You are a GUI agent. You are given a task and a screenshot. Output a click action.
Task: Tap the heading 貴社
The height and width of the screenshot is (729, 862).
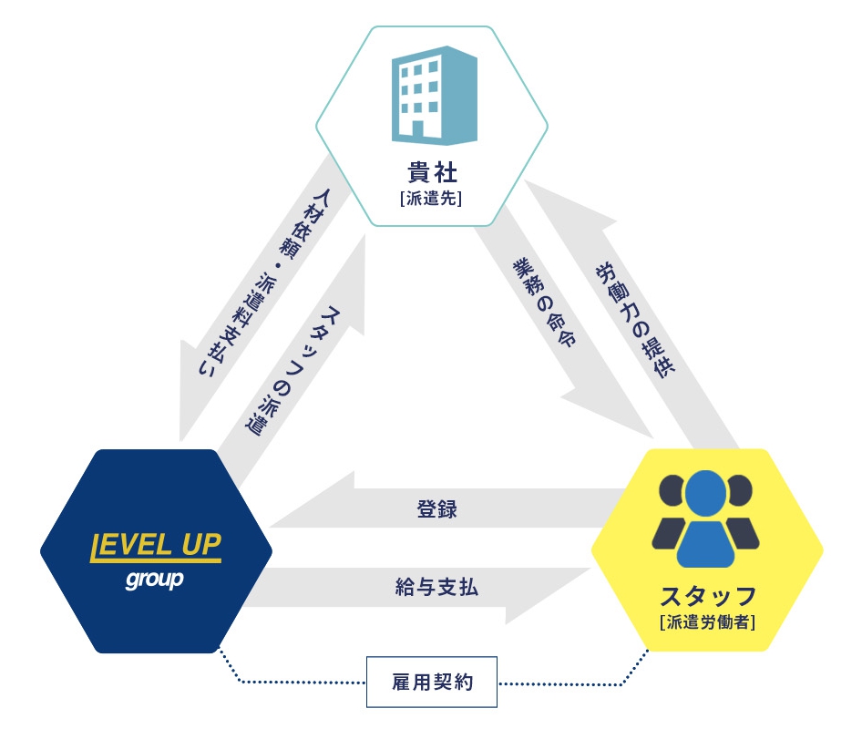click(x=432, y=172)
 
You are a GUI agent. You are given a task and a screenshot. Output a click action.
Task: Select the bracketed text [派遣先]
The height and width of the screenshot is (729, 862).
click(x=432, y=198)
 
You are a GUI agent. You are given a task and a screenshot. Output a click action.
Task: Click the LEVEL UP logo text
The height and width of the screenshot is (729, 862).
click(x=156, y=547)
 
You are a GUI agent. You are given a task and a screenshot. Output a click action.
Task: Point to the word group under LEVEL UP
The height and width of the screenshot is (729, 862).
click(x=155, y=580)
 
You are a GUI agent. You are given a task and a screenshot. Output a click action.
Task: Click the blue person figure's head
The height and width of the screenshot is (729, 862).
click(x=706, y=493)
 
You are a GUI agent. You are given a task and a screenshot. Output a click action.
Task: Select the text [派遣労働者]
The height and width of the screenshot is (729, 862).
click(x=707, y=621)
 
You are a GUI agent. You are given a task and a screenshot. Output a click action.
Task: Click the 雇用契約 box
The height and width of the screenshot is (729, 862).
click(x=432, y=682)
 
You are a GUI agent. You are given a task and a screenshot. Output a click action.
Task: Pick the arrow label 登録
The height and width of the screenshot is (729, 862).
click(x=437, y=508)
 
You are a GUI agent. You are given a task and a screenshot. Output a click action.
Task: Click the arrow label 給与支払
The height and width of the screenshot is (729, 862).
click(x=436, y=587)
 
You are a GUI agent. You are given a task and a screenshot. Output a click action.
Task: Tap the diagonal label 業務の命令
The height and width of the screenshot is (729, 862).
click(x=544, y=303)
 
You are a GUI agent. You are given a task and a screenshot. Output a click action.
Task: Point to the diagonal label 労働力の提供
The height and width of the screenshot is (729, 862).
click(x=635, y=320)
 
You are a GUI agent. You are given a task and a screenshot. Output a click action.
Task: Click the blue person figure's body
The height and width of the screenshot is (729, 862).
click(x=706, y=544)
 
